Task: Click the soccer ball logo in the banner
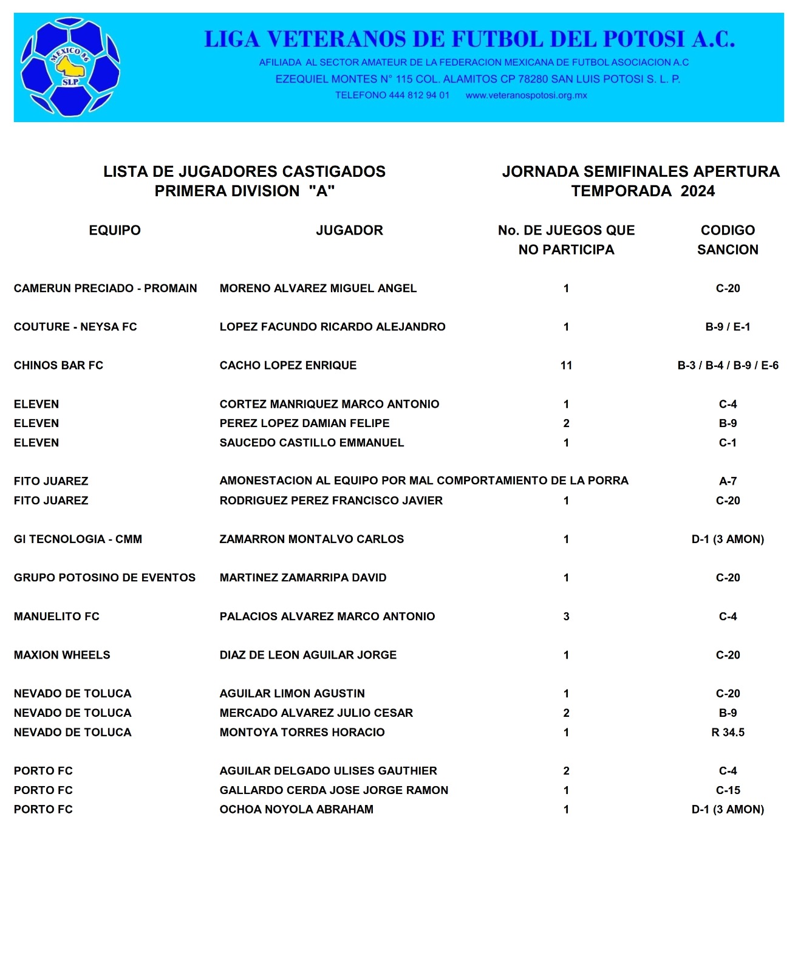(x=70, y=67)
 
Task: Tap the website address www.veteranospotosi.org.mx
(x=526, y=95)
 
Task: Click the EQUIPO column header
(x=115, y=230)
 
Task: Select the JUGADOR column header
(x=349, y=230)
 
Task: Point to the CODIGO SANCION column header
(x=728, y=240)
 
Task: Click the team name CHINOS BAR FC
(x=58, y=365)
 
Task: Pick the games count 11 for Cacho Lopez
(x=566, y=365)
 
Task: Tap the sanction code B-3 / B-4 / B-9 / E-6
(x=728, y=365)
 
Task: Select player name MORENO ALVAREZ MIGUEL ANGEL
(x=318, y=289)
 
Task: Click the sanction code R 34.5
(x=728, y=732)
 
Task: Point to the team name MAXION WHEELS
(x=62, y=655)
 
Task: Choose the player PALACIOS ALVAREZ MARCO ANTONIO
(x=327, y=617)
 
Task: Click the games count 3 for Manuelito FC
(x=566, y=617)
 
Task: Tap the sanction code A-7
(x=728, y=481)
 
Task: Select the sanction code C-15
(x=728, y=790)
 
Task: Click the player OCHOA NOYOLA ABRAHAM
(x=296, y=809)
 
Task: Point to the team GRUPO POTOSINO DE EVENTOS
(x=104, y=578)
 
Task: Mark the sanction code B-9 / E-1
(x=728, y=327)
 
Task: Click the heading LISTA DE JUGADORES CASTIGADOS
(x=244, y=172)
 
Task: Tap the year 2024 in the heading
(x=697, y=191)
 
